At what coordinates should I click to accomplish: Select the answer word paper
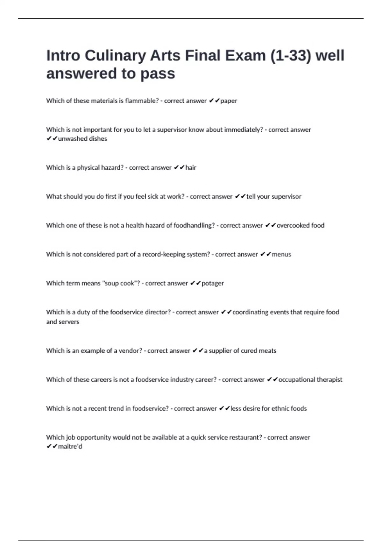[229, 101]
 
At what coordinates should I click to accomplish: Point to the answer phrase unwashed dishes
[82, 139]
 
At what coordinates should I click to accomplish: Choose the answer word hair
[191, 168]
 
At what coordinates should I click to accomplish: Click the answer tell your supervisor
[273, 197]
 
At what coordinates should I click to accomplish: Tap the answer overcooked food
[300, 225]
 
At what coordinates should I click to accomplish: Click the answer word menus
[281, 254]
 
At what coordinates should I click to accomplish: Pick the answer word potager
[212, 283]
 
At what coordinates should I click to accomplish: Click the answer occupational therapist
[310, 380]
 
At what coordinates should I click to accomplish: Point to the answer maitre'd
[70, 446]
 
